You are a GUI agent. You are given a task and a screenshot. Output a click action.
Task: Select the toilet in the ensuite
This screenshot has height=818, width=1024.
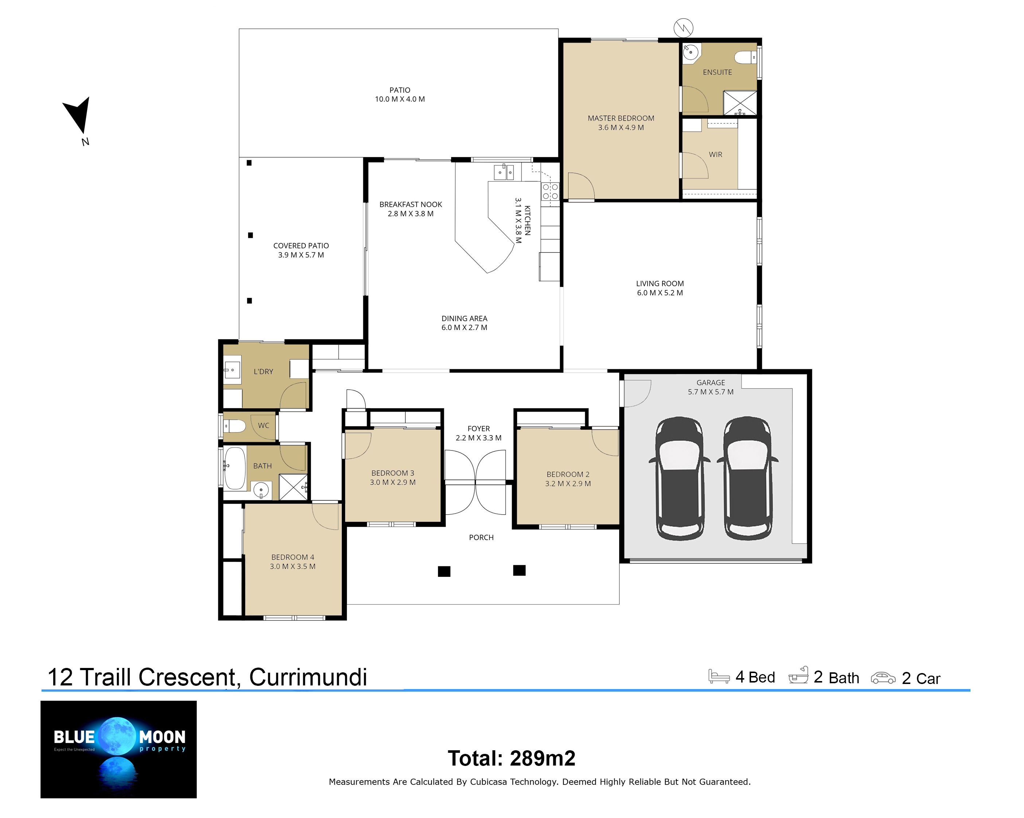coord(745,58)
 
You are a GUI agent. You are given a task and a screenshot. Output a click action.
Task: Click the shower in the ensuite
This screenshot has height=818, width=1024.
coord(739,103)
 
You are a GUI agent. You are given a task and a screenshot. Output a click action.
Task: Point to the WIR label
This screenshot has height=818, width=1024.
coord(715,154)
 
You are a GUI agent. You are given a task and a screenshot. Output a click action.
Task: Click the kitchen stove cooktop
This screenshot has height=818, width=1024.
coord(550,191)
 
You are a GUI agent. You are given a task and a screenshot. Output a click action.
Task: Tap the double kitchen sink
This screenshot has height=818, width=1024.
coord(504,172)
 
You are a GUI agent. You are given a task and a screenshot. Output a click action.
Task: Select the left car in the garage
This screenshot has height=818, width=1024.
coord(679,479)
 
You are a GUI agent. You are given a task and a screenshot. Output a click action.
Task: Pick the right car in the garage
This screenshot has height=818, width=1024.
coord(747,479)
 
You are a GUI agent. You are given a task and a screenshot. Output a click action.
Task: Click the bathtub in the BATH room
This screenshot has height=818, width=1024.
coord(235,468)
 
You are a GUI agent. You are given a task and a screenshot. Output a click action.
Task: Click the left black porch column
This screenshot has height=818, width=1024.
coord(444,571)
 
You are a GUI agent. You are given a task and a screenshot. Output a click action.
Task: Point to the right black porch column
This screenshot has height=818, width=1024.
coord(519,570)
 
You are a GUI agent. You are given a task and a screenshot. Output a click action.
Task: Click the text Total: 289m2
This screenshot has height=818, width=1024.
coord(512,758)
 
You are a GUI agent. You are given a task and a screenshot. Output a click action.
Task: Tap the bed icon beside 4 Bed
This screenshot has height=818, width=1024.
coord(719,676)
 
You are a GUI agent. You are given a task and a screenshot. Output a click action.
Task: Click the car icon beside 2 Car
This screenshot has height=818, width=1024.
coord(883,678)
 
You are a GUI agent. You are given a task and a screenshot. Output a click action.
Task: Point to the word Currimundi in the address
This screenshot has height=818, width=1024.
coord(308,677)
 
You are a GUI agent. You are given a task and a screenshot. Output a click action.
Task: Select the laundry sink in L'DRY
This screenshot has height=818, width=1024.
coord(232,370)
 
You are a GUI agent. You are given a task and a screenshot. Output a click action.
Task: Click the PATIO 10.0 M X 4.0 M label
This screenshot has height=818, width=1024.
coord(400,94)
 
